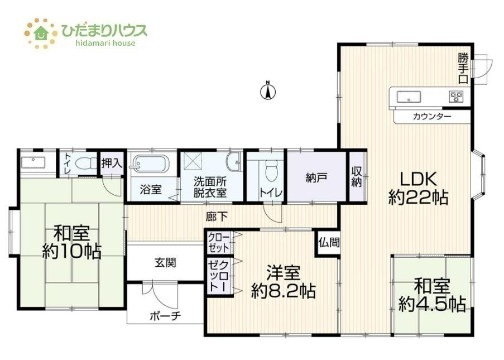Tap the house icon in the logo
pos(41,33)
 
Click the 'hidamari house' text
pos(105,43)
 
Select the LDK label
pos(418,179)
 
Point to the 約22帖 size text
pos(418,198)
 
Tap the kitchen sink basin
pos(408,97)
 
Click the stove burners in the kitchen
pos(456,97)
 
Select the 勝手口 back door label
pos(463,69)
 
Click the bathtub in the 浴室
pos(150,162)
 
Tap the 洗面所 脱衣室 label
pos(210,187)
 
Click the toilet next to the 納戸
pos(271,170)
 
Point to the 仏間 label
pos(329,242)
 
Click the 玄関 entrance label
pos(165,263)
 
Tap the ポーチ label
pos(165,316)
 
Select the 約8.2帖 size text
pos(283,291)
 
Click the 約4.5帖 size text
pos(432,304)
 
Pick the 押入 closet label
pos(112,164)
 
